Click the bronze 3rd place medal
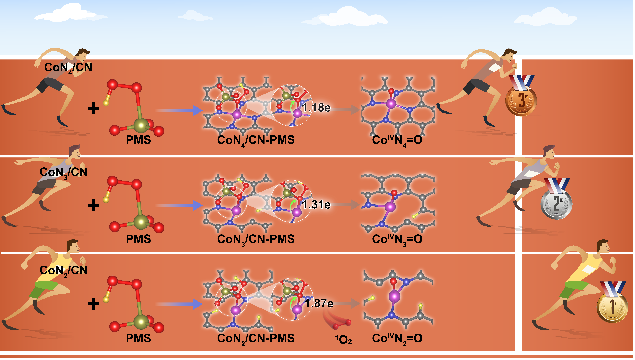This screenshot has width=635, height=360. [521, 100]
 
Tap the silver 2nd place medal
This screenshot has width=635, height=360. [556, 203]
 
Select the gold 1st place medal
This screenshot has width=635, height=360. [612, 307]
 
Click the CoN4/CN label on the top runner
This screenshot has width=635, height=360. [68, 68]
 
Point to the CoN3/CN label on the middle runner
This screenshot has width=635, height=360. [64, 173]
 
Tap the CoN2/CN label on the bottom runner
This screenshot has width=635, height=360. [64, 271]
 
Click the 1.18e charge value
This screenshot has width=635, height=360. [316, 108]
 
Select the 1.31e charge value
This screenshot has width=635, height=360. [316, 205]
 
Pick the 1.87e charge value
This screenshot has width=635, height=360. [319, 303]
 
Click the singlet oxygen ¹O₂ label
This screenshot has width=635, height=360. [343, 339]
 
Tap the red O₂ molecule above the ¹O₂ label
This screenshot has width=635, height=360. [342, 325]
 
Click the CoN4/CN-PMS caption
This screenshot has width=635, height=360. [256, 140]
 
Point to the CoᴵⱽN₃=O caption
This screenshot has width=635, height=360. [397, 240]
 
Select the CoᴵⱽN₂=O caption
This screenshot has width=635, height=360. [397, 339]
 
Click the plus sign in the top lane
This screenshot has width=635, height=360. [93, 108]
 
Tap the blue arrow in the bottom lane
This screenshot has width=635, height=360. [179, 304]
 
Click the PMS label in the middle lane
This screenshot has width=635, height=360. [138, 239]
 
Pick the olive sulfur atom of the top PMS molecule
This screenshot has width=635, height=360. [141, 125]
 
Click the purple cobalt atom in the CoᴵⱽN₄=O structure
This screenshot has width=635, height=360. [391, 104]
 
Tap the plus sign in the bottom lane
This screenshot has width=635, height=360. [93, 304]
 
